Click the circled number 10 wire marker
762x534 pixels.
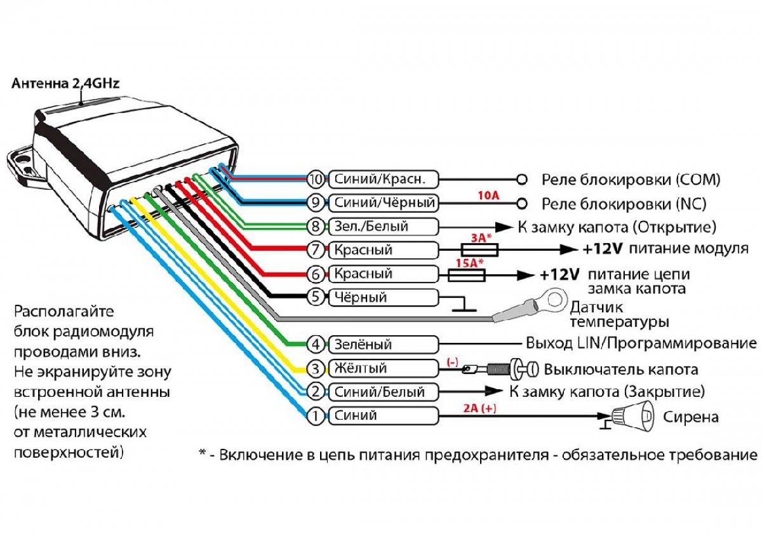pos(316,180)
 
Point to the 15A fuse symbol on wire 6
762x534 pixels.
pos(467,275)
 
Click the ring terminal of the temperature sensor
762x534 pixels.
pos(547,298)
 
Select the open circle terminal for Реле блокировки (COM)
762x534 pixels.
pos(522,180)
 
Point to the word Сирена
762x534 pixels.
pos(691,417)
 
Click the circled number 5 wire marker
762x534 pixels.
pos(316,297)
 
